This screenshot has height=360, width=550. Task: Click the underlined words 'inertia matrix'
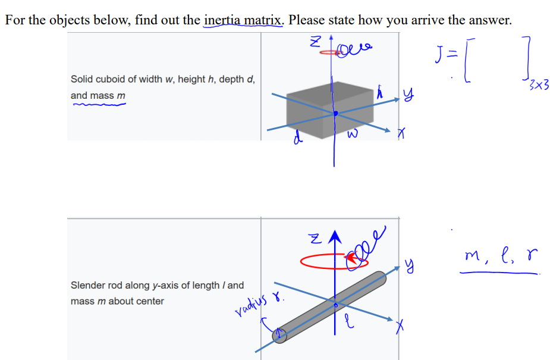tap(243, 20)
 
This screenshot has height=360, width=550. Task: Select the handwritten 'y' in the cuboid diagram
tap(407, 93)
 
